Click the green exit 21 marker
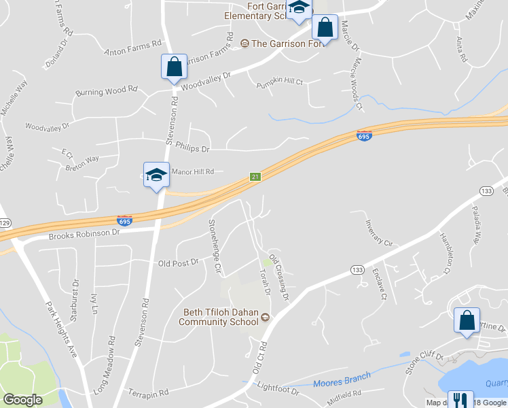tap(255, 177)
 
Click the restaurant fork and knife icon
tap(460, 400)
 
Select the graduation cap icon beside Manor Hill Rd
tap(156, 175)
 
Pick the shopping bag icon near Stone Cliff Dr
tap(467, 321)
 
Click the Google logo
tap(22, 400)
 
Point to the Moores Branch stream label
tap(342, 379)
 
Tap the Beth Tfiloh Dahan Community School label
tap(221, 317)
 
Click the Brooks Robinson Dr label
tap(84, 235)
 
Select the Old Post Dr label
tap(177, 262)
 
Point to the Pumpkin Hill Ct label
tap(279, 82)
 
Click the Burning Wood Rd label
tap(107, 91)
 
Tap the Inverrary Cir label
tap(378, 233)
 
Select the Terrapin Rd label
tap(148, 393)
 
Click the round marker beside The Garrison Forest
tap(244, 44)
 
